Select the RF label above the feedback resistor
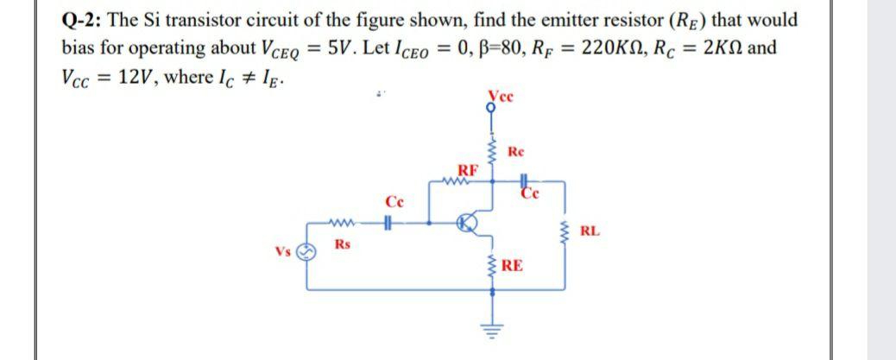tap(466, 168)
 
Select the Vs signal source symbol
tap(306, 252)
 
